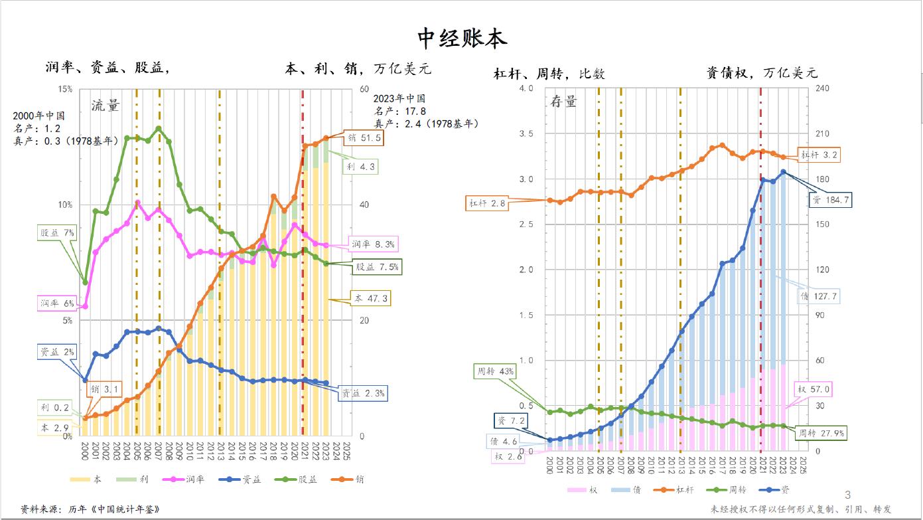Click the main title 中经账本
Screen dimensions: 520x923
click(x=462, y=39)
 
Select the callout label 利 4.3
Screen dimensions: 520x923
click(x=360, y=167)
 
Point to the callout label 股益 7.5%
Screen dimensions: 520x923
click(x=378, y=267)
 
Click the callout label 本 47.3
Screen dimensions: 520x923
click(x=369, y=299)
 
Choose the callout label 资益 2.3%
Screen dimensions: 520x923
click(x=362, y=393)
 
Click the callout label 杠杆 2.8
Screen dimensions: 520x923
click(x=488, y=204)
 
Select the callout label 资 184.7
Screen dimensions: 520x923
click(x=829, y=199)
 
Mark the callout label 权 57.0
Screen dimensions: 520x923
click(x=814, y=389)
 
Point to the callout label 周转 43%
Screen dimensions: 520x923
click(x=496, y=371)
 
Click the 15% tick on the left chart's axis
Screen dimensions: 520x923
click(x=66, y=89)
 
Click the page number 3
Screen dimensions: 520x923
click(x=847, y=495)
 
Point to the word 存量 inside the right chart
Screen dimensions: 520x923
click(x=564, y=102)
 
